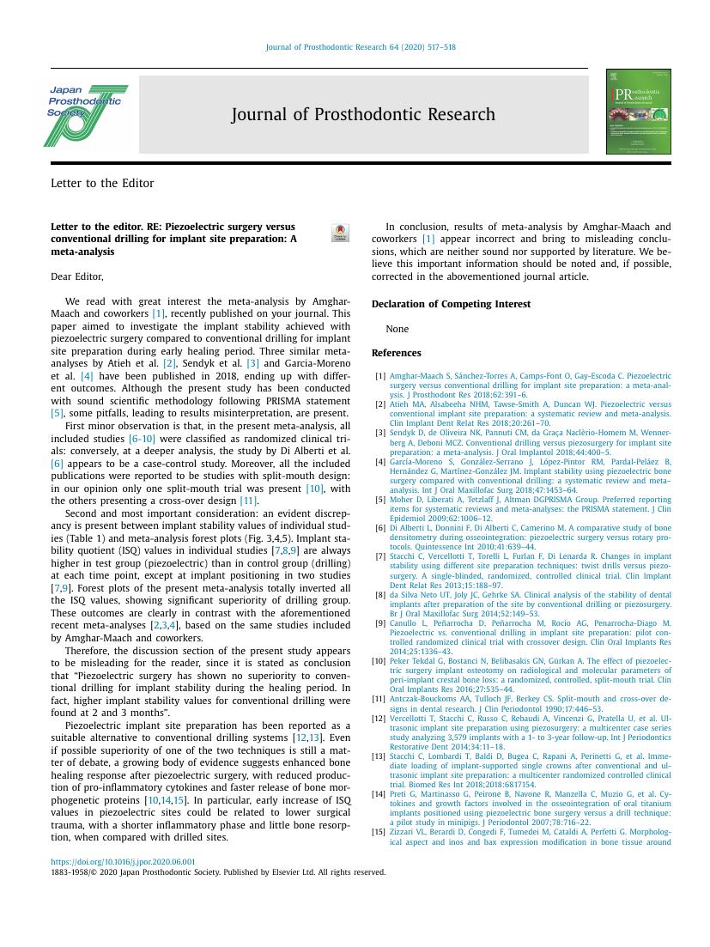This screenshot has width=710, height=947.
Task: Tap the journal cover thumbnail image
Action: pos(638,112)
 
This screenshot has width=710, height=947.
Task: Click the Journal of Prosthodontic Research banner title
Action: pos(363,115)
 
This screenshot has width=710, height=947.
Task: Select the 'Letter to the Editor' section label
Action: pos(102,183)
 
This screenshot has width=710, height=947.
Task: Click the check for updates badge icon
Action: pos(340,233)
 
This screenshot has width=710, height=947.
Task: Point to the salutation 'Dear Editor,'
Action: pos(77,276)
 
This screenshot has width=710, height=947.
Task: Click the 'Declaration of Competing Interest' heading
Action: pos(451,304)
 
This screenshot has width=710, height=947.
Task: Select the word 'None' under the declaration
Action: pos(397,329)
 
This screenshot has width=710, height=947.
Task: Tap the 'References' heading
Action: pos(396,353)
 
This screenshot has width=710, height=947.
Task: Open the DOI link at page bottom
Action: pos(123,862)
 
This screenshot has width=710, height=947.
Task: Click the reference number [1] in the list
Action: pos(380,376)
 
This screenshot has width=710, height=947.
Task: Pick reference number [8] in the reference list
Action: pos(380,594)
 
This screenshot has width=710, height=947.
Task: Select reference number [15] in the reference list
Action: pos(379,831)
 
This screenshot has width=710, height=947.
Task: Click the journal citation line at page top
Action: pos(361,48)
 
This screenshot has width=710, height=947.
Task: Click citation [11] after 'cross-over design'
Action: pos(249,501)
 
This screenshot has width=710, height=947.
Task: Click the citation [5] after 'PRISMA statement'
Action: pos(58,414)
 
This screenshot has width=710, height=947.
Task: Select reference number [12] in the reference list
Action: pos(379,718)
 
